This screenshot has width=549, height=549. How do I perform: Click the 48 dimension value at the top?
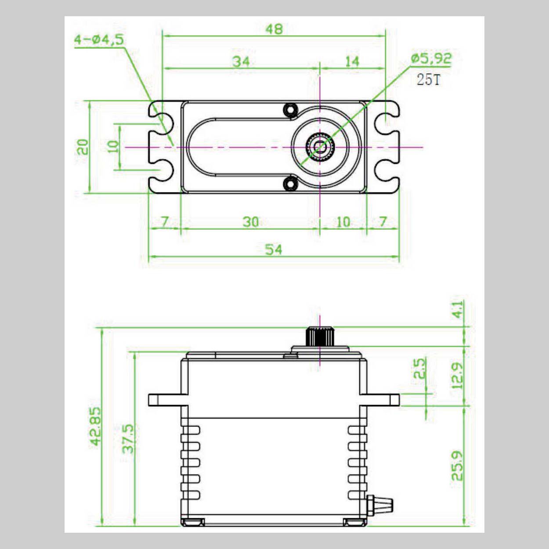click(274, 29)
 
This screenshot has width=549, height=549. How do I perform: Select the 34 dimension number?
click(241, 61)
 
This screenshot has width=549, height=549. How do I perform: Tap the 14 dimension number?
click(352, 61)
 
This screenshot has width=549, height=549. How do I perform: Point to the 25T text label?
click(428, 80)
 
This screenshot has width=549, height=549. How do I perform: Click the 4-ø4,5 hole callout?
click(99, 40)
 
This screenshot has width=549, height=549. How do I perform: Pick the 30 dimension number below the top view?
click(250, 222)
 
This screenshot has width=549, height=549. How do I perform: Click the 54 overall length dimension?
click(273, 249)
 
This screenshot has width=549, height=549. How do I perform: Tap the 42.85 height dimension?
click(96, 426)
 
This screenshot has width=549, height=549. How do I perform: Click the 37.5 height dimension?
click(128, 438)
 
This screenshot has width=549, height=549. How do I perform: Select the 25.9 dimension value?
click(457, 466)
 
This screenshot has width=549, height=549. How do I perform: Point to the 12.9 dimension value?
click(457, 376)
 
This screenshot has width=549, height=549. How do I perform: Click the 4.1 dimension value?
click(457, 310)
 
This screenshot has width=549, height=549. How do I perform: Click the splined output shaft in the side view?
click(319, 337)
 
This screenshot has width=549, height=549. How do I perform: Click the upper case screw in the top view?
click(289, 110)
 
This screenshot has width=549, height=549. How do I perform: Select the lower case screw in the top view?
click(289, 184)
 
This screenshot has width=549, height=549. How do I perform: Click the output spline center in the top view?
click(320, 147)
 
